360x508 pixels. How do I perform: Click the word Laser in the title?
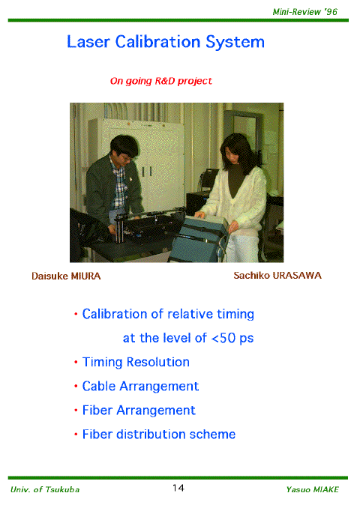click(x=88, y=42)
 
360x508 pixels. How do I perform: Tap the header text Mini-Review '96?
click(x=304, y=12)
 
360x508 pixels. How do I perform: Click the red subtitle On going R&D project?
click(x=160, y=81)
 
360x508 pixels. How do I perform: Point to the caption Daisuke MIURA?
click(x=66, y=276)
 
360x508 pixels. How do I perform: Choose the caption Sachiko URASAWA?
click(x=277, y=276)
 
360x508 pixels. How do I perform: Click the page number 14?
click(x=178, y=488)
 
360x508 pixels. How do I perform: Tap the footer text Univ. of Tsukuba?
click(x=45, y=489)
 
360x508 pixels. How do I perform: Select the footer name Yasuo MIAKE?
click(x=312, y=489)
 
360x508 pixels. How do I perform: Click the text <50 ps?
click(x=232, y=338)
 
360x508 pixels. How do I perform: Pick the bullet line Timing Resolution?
click(x=136, y=363)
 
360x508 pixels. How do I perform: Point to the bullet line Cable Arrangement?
click(x=140, y=387)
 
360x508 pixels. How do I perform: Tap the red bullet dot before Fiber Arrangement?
click(x=76, y=411)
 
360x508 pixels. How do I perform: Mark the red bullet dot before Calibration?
click(x=76, y=314)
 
